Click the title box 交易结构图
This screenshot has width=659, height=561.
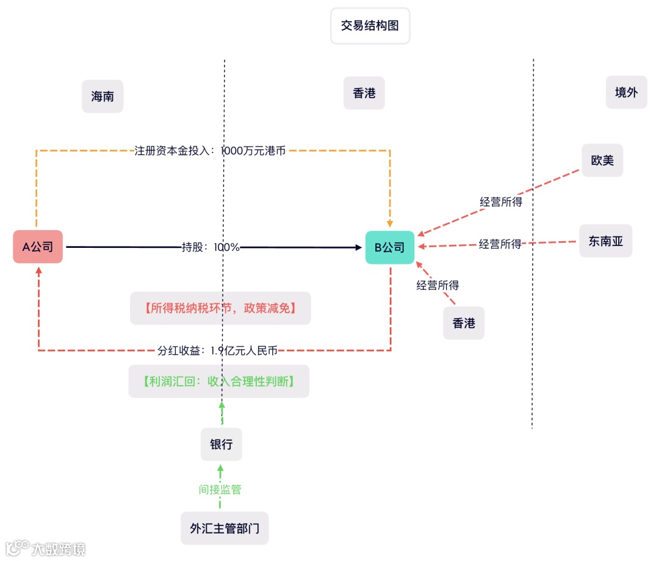coord(370,26)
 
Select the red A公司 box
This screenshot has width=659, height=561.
coord(38,247)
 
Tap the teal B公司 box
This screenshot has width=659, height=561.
coord(389,247)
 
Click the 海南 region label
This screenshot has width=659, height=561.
coord(103,96)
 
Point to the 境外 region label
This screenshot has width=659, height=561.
coord(626,92)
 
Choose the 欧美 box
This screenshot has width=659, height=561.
coord(602,161)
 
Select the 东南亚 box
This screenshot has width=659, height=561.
coord(605,241)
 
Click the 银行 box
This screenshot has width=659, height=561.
coord(221,444)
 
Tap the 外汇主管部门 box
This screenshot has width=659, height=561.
coord(225,528)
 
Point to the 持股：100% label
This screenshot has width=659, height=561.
coord(211,247)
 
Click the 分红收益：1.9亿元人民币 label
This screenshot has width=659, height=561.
coord(217,350)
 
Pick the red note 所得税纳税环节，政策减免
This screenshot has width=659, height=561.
coord(220,308)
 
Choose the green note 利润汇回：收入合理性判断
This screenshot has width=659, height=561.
coord(219,382)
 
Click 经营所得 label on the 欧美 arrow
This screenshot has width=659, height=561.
coord(501,202)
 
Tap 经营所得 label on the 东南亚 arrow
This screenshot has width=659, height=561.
coord(500,244)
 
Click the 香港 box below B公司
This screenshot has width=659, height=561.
coord(464,323)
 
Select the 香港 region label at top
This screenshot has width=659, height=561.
coord(364,93)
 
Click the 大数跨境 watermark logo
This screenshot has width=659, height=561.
coord(46,548)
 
